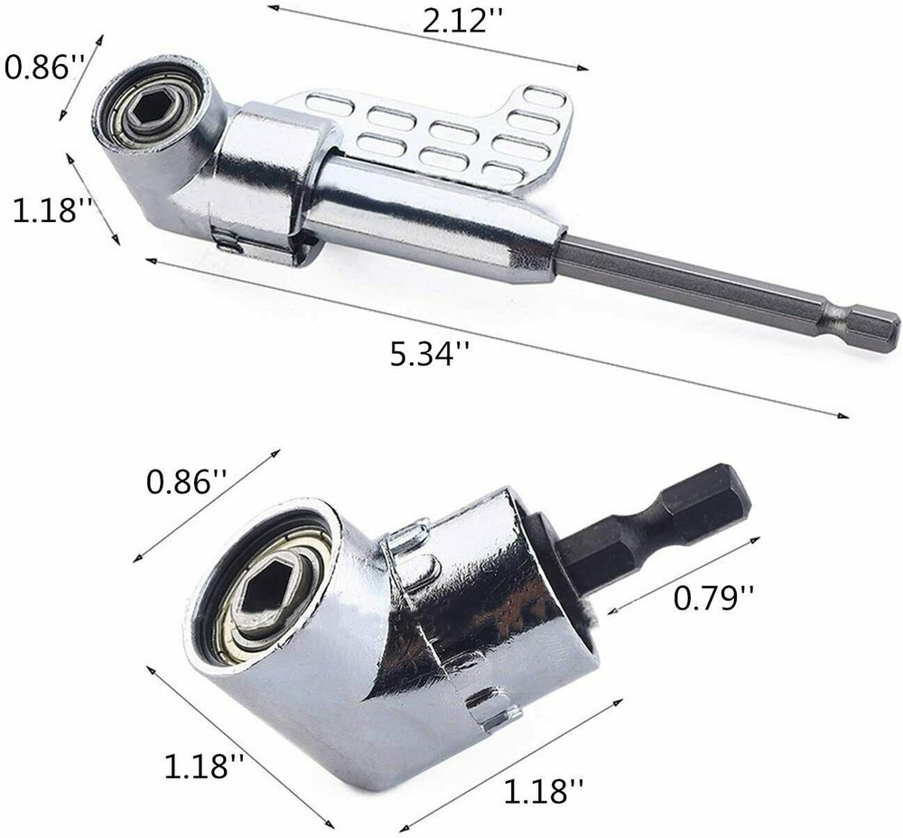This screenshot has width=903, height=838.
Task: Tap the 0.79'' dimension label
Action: click(710, 597)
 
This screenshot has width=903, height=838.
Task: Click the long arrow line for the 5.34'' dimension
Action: click(497, 340)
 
